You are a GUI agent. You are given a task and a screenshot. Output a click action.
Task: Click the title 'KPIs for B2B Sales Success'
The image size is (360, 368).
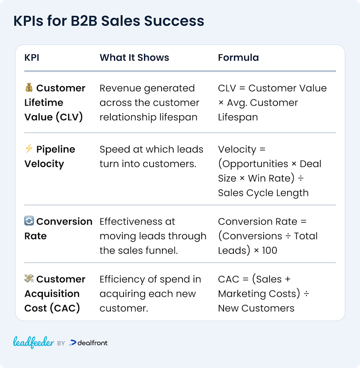click(x=109, y=21)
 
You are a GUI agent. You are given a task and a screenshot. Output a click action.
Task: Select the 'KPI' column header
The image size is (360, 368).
click(x=32, y=58)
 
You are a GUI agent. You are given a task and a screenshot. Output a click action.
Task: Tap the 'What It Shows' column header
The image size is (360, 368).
click(x=134, y=58)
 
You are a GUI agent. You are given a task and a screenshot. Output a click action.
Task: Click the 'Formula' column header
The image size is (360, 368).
click(x=238, y=58)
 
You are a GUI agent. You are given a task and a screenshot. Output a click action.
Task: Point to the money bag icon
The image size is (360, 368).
click(x=29, y=88)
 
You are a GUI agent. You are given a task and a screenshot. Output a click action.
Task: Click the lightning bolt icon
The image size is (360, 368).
click(x=29, y=149)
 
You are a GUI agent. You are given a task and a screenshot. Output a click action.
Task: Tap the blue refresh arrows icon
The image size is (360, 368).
click(x=29, y=221)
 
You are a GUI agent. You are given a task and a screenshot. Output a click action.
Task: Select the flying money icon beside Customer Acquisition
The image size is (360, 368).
click(x=29, y=278)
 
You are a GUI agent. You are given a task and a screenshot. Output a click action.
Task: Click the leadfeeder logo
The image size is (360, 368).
click(x=34, y=342)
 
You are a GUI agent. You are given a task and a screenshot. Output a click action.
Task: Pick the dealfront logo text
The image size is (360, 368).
click(x=92, y=343)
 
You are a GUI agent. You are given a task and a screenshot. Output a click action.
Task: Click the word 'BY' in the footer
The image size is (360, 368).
click(x=61, y=343)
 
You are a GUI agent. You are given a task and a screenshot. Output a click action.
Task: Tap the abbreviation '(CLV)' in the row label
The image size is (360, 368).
click(x=69, y=117)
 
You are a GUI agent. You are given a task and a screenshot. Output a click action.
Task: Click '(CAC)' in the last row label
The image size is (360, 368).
click(x=65, y=308)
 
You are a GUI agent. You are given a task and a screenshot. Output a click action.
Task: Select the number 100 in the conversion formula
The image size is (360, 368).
click(x=270, y=250)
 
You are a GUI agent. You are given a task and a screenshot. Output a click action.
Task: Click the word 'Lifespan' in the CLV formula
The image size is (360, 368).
click(x=238, y=117)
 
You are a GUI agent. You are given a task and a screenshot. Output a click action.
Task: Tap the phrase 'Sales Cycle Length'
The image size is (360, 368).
click(x=263, y=193)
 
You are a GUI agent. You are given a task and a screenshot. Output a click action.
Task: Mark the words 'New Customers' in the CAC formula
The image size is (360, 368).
click(x=256, y=308)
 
